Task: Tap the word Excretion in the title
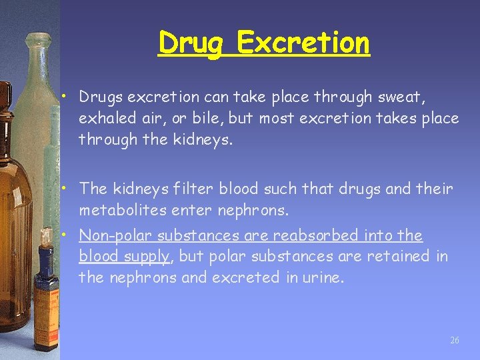tap(303, 43)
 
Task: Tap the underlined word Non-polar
tap(108, 235)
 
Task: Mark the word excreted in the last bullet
tap(241, 277)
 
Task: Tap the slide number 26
tap(455, 340)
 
